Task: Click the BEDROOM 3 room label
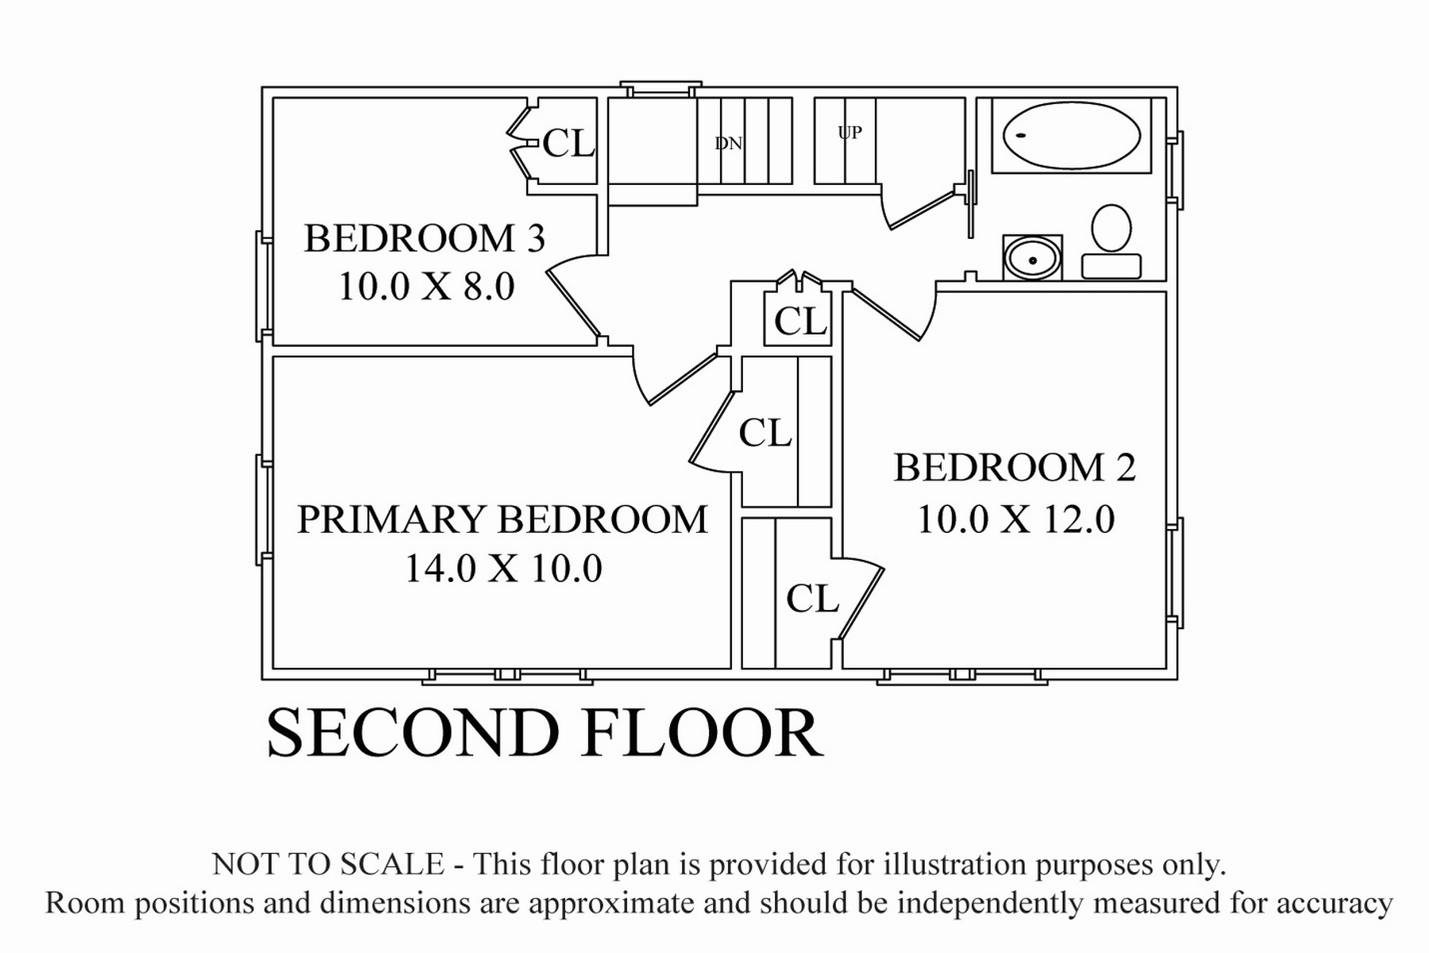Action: (425, 238)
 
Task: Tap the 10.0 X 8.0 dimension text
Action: (427, 286)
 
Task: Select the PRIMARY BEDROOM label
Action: (503, 519)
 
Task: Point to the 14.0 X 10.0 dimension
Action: (504, 569)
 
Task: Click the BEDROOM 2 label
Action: (1015, 468)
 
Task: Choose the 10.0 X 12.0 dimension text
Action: (1016, 519)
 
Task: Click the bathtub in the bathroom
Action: (1072, 135)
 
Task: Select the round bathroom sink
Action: (1033, 258)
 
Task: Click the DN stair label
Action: (729, 144)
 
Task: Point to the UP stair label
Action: (849, 133)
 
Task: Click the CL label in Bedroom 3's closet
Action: (568, 144)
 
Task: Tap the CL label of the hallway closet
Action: (800, 322)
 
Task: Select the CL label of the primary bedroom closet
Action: (765, 433)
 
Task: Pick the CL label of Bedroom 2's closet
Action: (812, 599)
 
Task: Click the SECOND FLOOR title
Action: (545, 732)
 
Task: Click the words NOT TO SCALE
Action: (328, 864)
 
